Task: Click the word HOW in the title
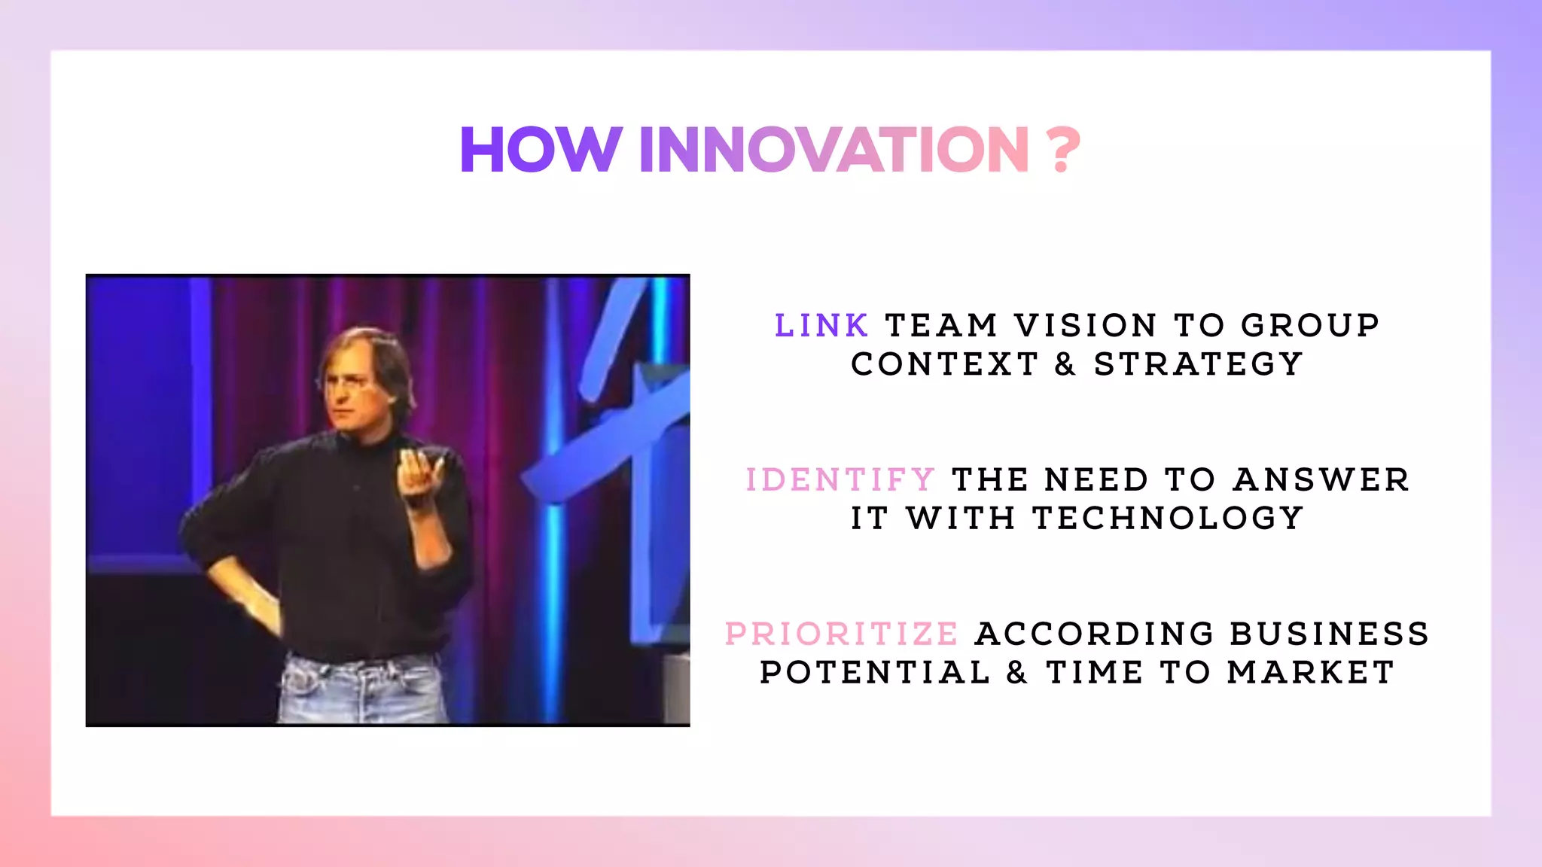click(541, 149)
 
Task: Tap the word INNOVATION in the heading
click(833, 149)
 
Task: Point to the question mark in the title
click(1063, 149)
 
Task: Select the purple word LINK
click(821, 326)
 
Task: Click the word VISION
click(1086, 326)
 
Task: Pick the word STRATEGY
click(1199, 364)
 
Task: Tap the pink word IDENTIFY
click(840, 480)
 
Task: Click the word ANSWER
click(1321, 480)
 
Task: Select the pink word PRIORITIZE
click(842, 634)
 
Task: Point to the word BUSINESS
click(1330, 634)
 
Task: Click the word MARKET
click(1311, 673)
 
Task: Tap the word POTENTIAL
click(875, 673)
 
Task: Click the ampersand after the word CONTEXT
click(1065, 365)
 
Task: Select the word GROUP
click(1310, 326)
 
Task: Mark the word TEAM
click(941, 326)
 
